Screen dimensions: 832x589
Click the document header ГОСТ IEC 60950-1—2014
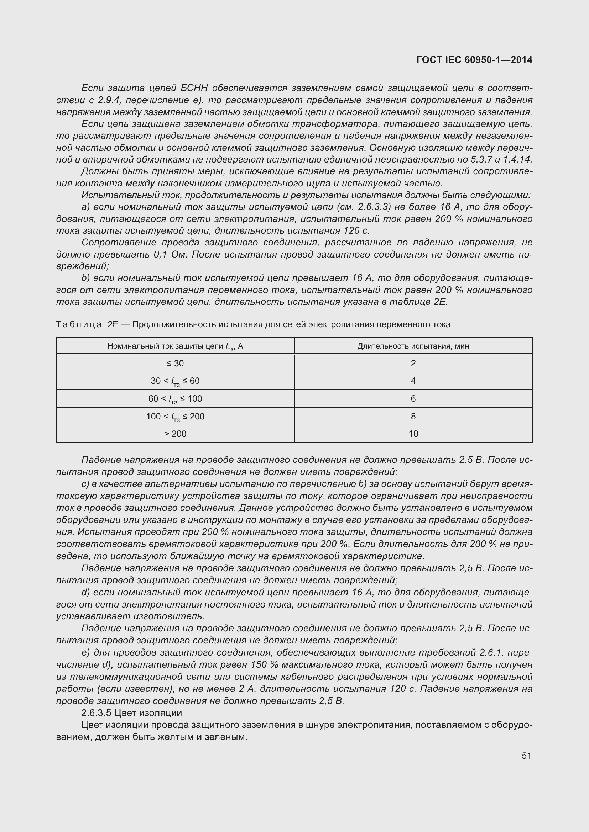[x=474, y=60]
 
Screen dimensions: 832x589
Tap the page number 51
[x=526, y=756]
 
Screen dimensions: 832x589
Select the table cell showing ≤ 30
[x=175, y=364]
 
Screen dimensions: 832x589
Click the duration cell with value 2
[x=413, y=364]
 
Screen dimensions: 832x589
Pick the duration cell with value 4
[x=413, y=381]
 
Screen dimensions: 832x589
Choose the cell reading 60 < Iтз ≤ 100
[x=175, y=399]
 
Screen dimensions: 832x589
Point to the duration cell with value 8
[x=413, y=417]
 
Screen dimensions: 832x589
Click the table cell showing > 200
[x=175, y=434]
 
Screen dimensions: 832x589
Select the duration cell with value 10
[x=413, y=434]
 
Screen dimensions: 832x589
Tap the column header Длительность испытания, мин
[x=413, y=346]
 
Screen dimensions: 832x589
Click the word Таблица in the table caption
[x=79, y=324]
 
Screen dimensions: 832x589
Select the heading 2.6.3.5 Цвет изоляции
[x=132, y=713]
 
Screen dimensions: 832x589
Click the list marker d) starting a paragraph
[x=85, y=593]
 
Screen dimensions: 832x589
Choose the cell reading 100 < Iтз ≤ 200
[x=175, y=417]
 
